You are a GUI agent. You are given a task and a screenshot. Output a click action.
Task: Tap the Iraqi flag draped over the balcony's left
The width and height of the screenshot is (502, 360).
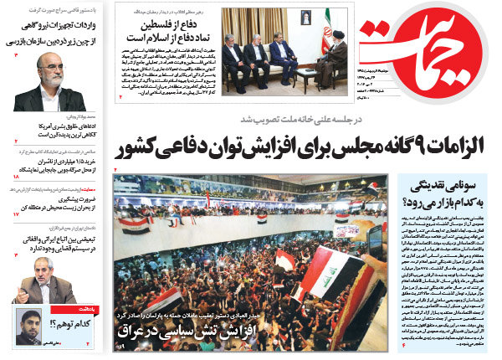pos(135,224)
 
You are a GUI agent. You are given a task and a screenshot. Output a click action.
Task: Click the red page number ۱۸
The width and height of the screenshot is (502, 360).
pos(16,177)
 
